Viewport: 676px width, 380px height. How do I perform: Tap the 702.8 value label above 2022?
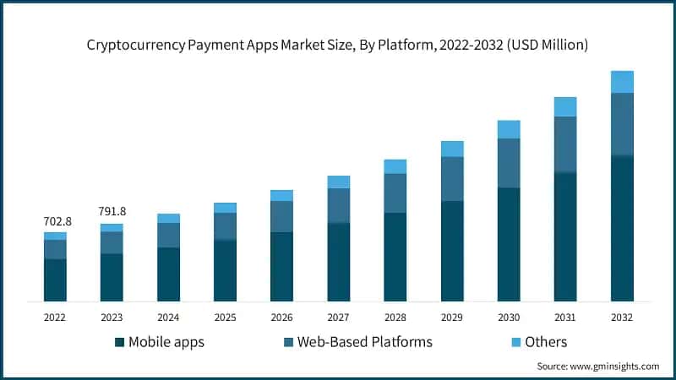pos(57,221)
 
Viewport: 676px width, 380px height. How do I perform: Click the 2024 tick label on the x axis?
pos(168,318)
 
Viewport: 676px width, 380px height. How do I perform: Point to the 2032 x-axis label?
pos(621,318)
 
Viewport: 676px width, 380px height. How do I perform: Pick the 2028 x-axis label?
pos(395,318)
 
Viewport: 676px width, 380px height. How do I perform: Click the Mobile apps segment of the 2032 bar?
pos(622,228)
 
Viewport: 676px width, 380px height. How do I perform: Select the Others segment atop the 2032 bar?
pos(622,82)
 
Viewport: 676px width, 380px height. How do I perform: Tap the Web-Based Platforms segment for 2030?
pos(509,163)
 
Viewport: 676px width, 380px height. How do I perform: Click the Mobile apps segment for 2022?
pos(56,280)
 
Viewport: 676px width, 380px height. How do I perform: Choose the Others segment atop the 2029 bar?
pos(452,149)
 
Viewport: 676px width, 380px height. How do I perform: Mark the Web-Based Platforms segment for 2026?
pos(281,216)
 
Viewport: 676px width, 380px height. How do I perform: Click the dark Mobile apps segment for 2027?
pos(338,262)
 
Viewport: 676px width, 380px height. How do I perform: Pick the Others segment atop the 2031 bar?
pos(565,106)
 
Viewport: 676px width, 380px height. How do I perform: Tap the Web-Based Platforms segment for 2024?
pos(168,235)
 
